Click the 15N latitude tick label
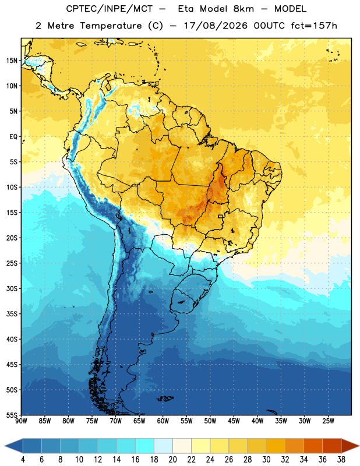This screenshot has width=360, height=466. (x=12, y=61)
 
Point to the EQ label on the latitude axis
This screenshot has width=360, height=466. (x=13, y=137)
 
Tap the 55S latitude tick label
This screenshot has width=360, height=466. (x=12, y=415)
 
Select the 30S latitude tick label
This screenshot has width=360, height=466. (x=12, y=288)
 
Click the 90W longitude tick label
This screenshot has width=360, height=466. (x=21, y=421)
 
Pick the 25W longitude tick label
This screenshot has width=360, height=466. (x=328, y=421)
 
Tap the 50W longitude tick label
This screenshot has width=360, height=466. (x=210, y=421)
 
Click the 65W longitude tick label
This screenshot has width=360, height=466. (x=139, y=421)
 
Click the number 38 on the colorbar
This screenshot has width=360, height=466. (x=341, y=460)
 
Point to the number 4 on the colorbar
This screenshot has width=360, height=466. (x=23, y=460)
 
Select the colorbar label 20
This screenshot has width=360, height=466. (x=172, y=460)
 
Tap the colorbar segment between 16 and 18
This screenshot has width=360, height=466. (x=145, y=446)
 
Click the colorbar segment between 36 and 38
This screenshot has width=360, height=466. (x=332, y=446)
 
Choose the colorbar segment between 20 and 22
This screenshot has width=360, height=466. (x=182, y=446)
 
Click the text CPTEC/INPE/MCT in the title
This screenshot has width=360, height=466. (x=110, y=9)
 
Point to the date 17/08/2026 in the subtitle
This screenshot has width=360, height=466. (x=216, y=26)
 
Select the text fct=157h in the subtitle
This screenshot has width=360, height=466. (x=314, y=26)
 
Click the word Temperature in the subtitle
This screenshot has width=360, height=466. (x=111, y=26)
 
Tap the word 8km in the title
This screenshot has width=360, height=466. (x=243, y=9)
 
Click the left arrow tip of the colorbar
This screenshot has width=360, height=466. (x=5, y=446)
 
